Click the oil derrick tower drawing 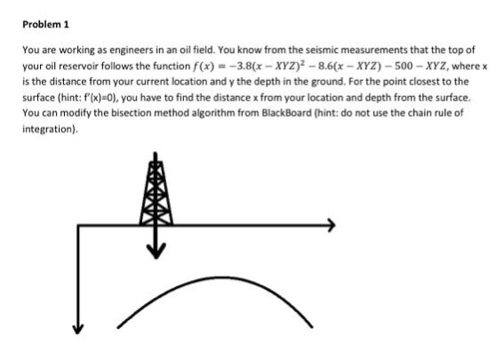pyautogui.click(x=156, y=191)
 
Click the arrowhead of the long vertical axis pyautogui.click(x=77, y=330)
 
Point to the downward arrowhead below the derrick pyautogui.click(x=156, y=252)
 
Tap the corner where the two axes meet pyautogui.click(x=78, y=226)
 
